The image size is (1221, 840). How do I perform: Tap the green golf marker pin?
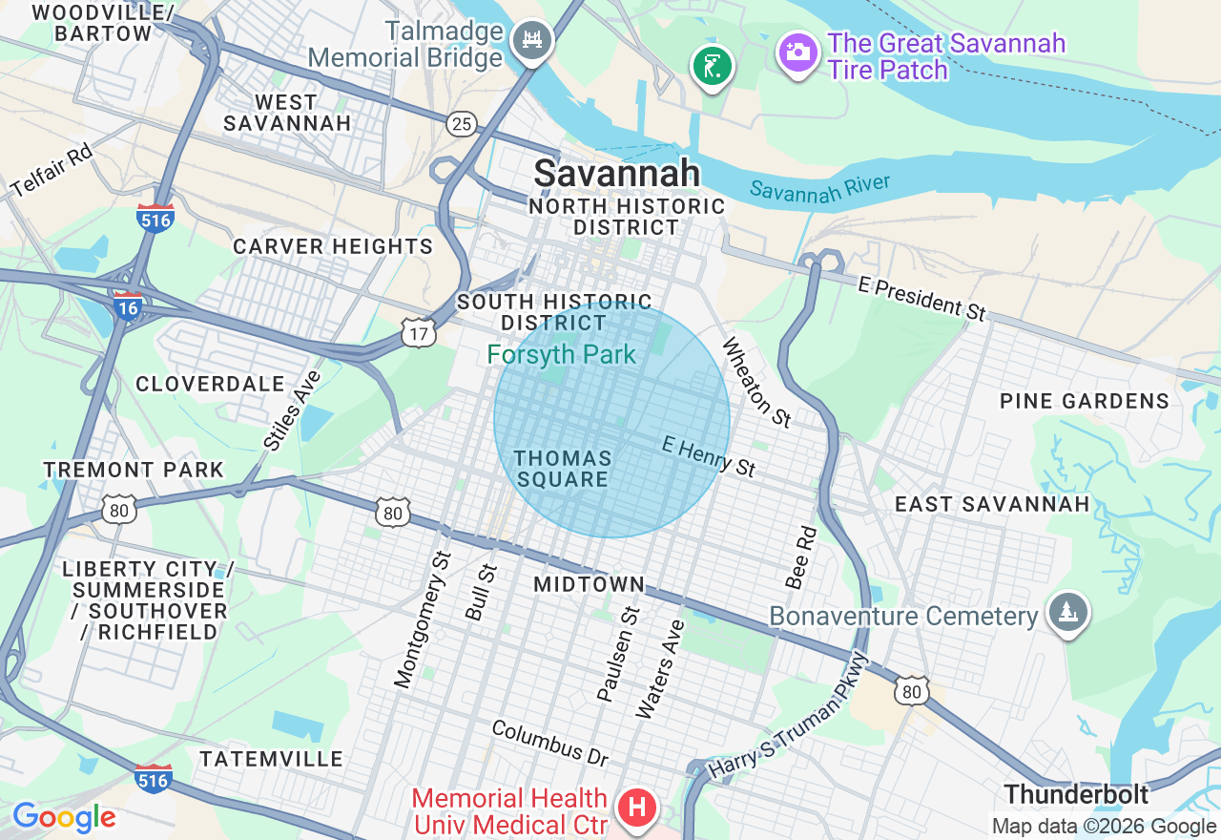[712, 67]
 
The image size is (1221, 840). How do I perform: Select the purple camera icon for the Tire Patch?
[797, 51]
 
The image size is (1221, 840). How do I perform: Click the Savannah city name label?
[616, 174]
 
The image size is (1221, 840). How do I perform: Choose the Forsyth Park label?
[561, 355]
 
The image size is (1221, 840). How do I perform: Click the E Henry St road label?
[709, 456]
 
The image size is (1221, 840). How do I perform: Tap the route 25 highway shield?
[463, 123]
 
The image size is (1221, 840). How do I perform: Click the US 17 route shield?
[418, 332]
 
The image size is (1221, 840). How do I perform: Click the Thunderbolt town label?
[1076, 794]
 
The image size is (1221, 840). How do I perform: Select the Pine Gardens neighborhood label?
[1084, 401]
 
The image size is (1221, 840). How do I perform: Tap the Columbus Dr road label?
[550, 743]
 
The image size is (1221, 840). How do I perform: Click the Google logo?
[64, 818]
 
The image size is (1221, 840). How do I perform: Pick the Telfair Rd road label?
[52, 172]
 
